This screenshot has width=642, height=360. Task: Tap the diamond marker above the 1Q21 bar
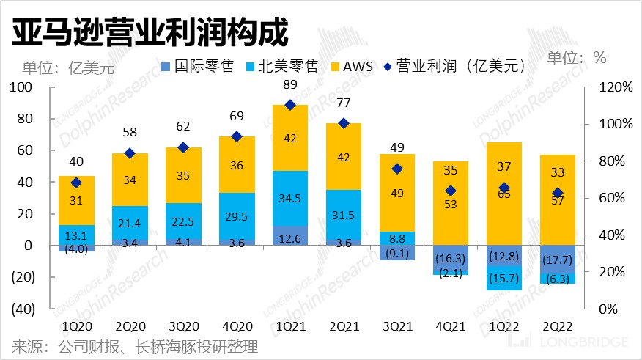pos(289,105)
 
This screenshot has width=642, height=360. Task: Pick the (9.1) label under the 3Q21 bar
pos(396,254)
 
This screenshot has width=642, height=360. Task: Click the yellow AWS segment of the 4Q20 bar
pos(236,165)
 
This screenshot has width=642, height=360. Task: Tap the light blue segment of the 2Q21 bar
pos(343,215)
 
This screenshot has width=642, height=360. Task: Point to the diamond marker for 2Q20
pos(130,153)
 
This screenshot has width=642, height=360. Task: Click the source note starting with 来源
pos(135,347)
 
